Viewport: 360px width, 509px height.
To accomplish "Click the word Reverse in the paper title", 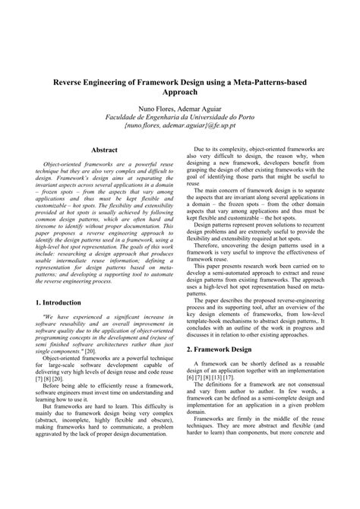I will [72, 78].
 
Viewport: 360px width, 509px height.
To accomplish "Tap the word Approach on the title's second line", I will [180, 90].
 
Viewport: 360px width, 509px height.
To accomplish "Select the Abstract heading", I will [103, 150].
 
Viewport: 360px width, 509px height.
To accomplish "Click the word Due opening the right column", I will [201, 151].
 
